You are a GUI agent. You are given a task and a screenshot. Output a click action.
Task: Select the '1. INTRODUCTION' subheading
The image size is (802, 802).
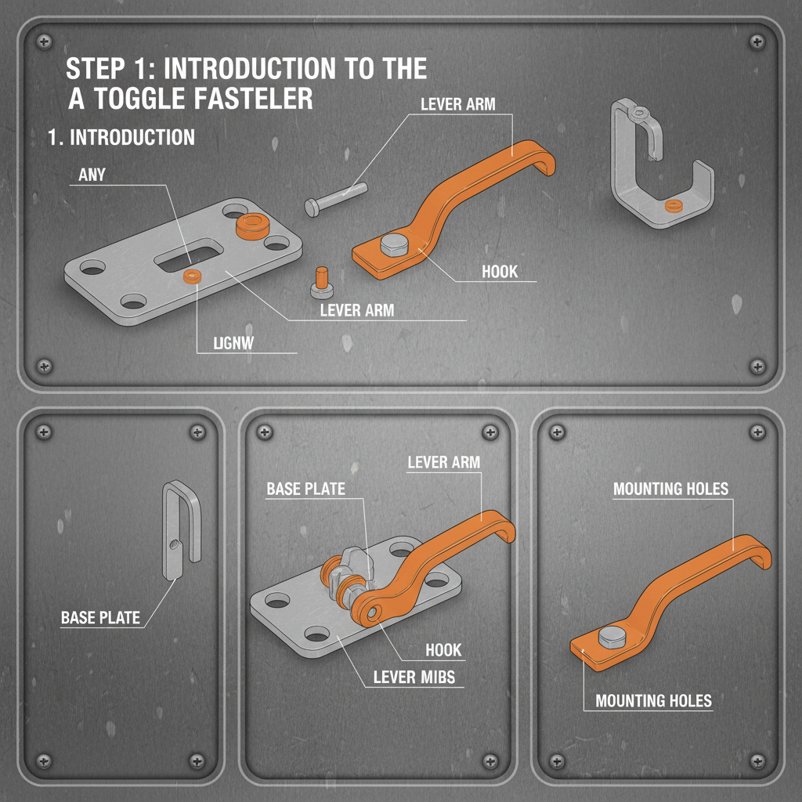tap(121, 138)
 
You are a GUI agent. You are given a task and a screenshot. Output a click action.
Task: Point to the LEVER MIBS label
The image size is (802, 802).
tap(414, 676)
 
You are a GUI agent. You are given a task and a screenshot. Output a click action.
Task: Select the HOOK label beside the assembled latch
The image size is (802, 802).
tap(443, 650)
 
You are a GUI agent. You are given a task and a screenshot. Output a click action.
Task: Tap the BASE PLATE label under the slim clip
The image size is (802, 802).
tap(100, 618)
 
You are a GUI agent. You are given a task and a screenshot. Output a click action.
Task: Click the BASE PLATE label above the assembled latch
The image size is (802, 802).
tap(305, 489)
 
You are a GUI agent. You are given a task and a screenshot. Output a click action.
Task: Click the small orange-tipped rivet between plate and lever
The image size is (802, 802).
tap(321, 284)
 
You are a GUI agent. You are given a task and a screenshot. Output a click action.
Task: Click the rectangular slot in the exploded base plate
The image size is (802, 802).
tap(188, 255)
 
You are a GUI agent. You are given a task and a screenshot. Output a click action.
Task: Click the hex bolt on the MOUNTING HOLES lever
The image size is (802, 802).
tap(611, 638)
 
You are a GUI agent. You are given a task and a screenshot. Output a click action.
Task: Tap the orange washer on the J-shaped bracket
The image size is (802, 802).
tap(671, 206)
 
